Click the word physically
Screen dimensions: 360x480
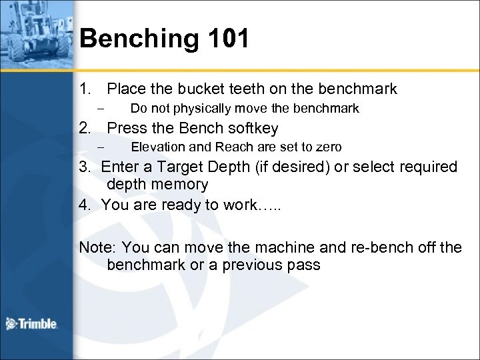[199, 108]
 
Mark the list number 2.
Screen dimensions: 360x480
[84, 127]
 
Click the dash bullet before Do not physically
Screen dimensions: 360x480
[100, 108]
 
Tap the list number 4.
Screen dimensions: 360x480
[84, 205]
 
